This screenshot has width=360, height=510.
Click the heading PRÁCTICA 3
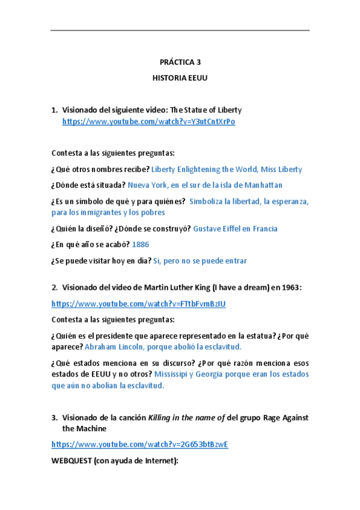coord(180,62)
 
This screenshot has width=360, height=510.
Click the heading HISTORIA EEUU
coord(180,78)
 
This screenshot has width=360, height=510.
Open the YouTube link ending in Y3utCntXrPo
coord(148,121)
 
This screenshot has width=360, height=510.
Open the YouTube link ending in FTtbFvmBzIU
coord(139,304)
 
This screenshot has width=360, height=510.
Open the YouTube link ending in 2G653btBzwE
coord(140,444)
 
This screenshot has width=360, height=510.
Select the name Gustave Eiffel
coord(221,229)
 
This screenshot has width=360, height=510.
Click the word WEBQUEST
coord(75,461)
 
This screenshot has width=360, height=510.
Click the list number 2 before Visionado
coord(55,288)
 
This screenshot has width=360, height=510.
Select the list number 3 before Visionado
coord(55,417)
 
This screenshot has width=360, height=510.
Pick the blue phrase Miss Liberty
coord(282,170)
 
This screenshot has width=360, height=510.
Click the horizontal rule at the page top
coord(180,31)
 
